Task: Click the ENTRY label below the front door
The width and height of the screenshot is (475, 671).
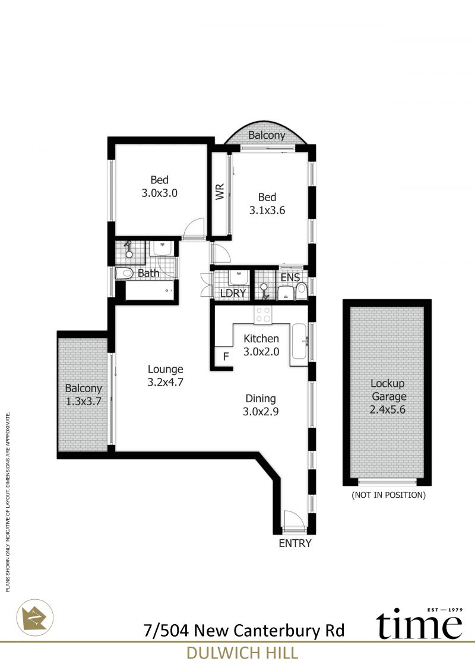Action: (295, 543)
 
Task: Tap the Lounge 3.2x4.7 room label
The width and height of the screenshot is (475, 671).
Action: (165, 376)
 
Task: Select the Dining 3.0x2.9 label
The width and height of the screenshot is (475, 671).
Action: (261, 405)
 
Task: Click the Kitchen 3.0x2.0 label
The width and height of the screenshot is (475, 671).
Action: (261, 345)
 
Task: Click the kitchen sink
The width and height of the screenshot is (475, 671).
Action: (299, 341)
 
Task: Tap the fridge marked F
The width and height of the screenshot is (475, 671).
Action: (226, 356)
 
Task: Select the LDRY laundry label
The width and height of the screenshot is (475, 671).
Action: (233, 293)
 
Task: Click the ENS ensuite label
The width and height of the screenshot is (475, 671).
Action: (290, 277)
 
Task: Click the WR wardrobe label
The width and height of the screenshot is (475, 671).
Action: (220, 192)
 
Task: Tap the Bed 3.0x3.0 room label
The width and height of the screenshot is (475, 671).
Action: (159, 186)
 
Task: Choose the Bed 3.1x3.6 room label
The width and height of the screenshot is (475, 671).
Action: (267, 203)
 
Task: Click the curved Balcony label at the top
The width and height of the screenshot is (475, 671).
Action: (267, 135)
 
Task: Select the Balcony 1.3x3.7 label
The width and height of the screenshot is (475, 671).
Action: (84, 395)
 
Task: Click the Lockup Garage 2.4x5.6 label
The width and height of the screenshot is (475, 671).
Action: (388, 396)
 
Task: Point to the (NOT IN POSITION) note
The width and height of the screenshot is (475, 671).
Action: (388, 495)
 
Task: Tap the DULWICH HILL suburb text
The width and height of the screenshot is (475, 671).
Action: (242, 653)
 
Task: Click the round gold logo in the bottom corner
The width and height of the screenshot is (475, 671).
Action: (35, 617)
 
